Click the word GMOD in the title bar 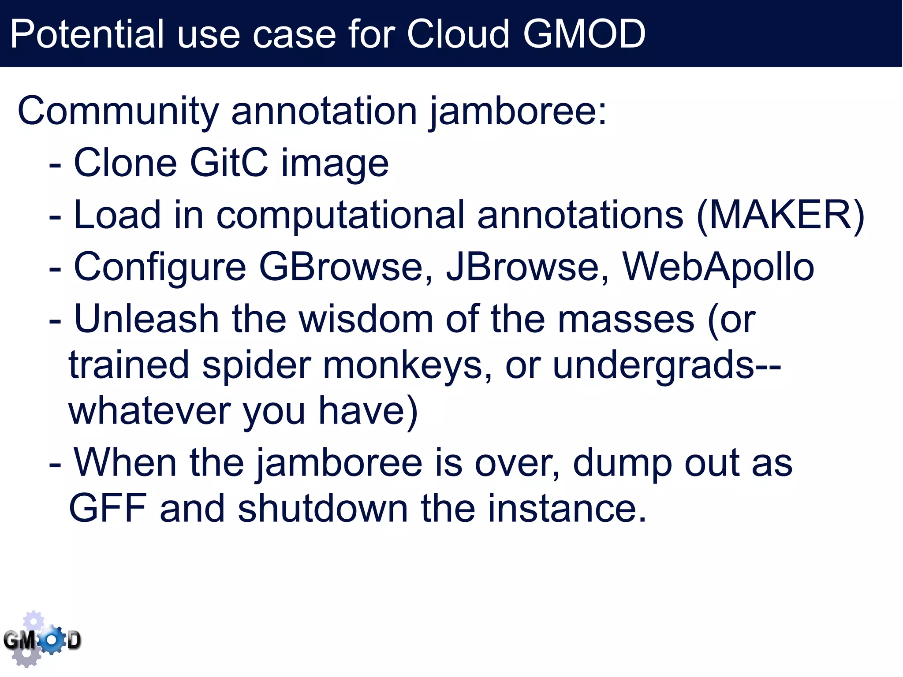pyautogui.click(x=584, y=34)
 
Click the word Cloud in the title pyautogui.click(x=458, y=34)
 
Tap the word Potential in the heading pyautogui.click(x=87, y=34)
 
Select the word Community pyautogui.click(x=118, y=111)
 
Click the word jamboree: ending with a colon pyautogui.click(x=518, y=112)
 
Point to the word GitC pyautogui.click(x=229, y=163)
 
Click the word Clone pyautogui.click(x=125, y=163)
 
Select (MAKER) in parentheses pyautogui.click(x=780, y=215)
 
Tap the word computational pyautogui.click(x=340, y=216)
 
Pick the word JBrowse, pyautogui.click(x=527, y=267)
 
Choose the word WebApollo pyautogui.click(x=718, y=267)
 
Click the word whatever pyautogui.click(x=149, y=411)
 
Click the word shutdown pyautogui.click(x=322, y=508)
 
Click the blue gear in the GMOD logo pyautogui.click(x=52, y=639)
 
